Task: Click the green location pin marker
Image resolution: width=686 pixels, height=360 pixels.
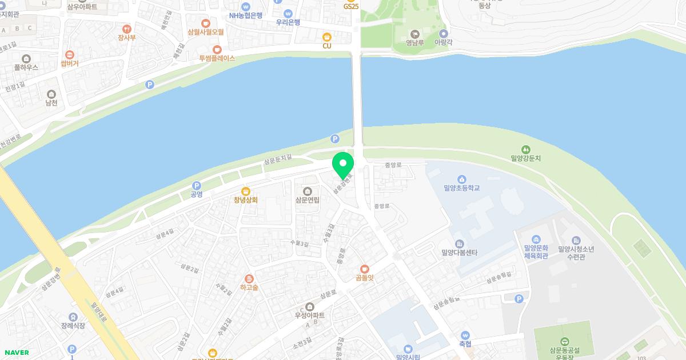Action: pyautogui.click(x=343, y=163)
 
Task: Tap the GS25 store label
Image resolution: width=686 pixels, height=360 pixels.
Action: pyautogui.click(x=351, y=7)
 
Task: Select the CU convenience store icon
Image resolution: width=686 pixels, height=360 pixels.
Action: pyautogui.click(x=327, y=36)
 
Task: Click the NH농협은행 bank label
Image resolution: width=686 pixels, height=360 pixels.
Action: pyautogui.click(x=246, y=16)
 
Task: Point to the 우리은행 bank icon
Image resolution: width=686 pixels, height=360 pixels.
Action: pyautogui.click(x=288, y=13)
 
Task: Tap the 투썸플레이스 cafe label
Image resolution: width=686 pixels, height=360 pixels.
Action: pyautogui.click(x=217, y=58)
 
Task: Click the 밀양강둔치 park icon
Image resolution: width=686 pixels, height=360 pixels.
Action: pyautogui.click(x=526, y=149)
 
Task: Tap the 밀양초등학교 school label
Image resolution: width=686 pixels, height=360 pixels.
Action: pyautogui.click(x=461, y=187)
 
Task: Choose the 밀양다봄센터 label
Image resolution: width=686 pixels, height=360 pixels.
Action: pyautogui.click(x=459, y=252)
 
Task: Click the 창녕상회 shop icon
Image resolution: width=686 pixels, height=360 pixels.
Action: pyautogui.click(x=246, y=191)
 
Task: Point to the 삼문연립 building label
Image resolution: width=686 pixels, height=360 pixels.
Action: pyautogui.click(x=308, y=200)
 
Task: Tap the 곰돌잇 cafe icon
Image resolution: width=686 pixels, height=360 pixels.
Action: pyautogui.click(x=364, y=269)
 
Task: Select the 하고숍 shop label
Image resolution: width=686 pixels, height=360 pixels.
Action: pyautogui.click(x=249, y=287)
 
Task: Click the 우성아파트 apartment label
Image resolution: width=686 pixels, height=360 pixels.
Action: pyautogui.click(x=309, y=315)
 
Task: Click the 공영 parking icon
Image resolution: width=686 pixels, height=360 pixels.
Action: pyautogui.click(x=197, y=186)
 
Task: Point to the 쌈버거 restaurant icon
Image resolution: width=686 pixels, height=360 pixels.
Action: pyautogui.click(x=70, y=55)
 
